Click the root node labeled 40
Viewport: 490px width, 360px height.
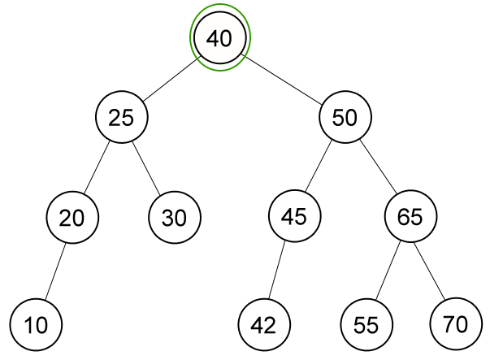(220, 37)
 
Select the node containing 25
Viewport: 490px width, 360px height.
(122, 117)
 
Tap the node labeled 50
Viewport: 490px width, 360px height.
(345, 117)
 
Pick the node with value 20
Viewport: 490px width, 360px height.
(72, 217)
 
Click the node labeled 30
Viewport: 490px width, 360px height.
(175, 217)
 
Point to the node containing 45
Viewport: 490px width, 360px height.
(294, 216)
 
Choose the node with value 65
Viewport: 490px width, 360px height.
(410, 216)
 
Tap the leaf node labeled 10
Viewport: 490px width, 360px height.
(36, 325)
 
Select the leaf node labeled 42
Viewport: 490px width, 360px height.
(264, 325)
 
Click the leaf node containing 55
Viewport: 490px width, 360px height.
(366, 325)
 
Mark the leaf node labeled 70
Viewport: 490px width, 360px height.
(456, 324)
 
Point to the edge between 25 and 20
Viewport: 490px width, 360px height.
(97, 167)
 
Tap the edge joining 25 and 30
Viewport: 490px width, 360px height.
(146, 168)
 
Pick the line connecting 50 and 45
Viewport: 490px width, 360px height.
(318, 167)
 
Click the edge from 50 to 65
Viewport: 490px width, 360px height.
(378, 167)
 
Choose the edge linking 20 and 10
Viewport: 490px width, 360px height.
(55, 272)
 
